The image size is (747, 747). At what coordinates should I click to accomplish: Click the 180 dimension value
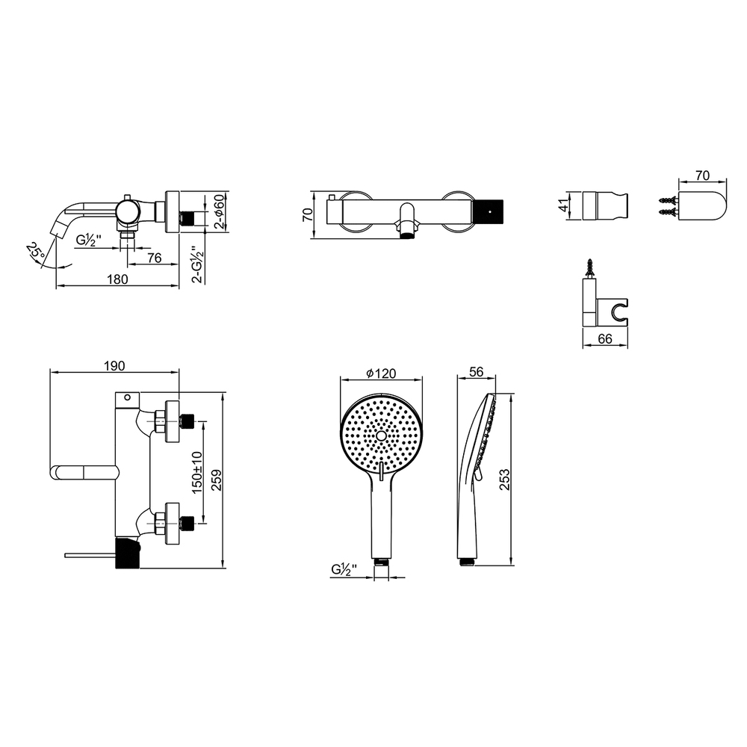pos(117,279)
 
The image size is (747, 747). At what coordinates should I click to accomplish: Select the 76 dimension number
pos(155,258)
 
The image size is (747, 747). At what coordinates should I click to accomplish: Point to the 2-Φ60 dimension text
pos(219,211)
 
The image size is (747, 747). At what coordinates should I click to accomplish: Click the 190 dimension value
pos(114,365)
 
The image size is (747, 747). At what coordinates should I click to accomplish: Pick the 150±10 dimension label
pos(196,473)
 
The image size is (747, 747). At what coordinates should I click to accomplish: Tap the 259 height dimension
pos(217,480)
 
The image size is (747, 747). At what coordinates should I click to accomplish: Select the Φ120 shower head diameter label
pos(381,373)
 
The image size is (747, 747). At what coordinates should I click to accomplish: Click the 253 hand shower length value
pos(504,480)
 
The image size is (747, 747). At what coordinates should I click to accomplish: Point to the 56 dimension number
pos(477,371)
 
